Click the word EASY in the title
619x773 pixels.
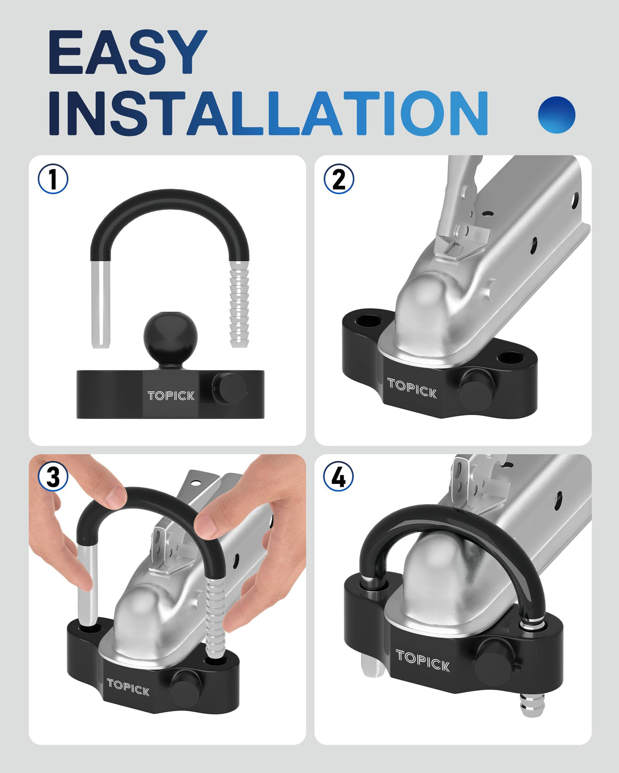click(x=128, y=52)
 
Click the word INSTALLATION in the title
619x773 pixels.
click(x=268, y=113)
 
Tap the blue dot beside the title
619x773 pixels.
click(x=557, y=114)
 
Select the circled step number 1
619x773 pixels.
click(x=53, y=179)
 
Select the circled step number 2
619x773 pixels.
click(x=339, y=179)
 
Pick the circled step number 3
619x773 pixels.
click(x=53, y=477)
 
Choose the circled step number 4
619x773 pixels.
click(x=338, y=477)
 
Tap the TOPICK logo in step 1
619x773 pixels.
click(x=171, y=396)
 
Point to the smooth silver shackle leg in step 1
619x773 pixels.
click(x=101, y=304)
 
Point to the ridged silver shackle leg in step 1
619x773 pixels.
click(x=239, y=304)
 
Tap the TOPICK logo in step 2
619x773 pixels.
click(x=412, y=388)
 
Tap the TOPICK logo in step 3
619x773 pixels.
click(x=128, y=687)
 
